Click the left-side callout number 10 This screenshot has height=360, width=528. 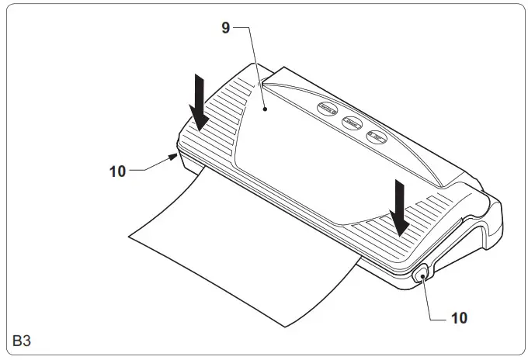[x=117, y=171]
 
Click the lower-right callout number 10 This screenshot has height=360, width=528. [x=459, y=317]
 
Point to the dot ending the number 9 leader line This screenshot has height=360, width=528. [x=265, y=110]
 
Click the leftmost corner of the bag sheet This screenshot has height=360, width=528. [x=127, y=230]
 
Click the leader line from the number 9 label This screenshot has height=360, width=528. [x=253, y=62]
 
